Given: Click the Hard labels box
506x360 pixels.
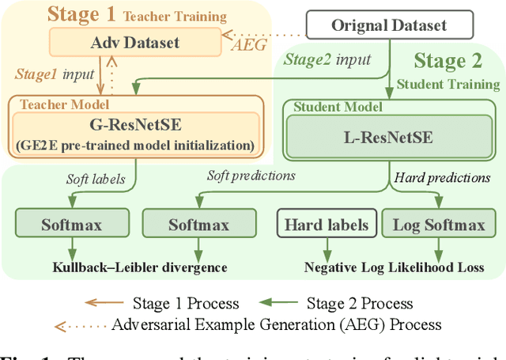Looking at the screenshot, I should click(x=327, y=225).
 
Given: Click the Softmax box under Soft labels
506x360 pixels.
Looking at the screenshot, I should click(x=72, y=225).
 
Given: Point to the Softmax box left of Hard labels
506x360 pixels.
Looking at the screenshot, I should click(x=198, y=225).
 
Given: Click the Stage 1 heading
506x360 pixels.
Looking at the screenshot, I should click(x=81, y=13).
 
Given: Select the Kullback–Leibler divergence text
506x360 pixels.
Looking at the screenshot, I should click(x=141, y=267).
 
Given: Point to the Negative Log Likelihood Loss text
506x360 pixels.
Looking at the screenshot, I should click(x=395, y=267).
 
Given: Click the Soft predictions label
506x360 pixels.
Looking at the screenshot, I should click(x=251, y=175).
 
